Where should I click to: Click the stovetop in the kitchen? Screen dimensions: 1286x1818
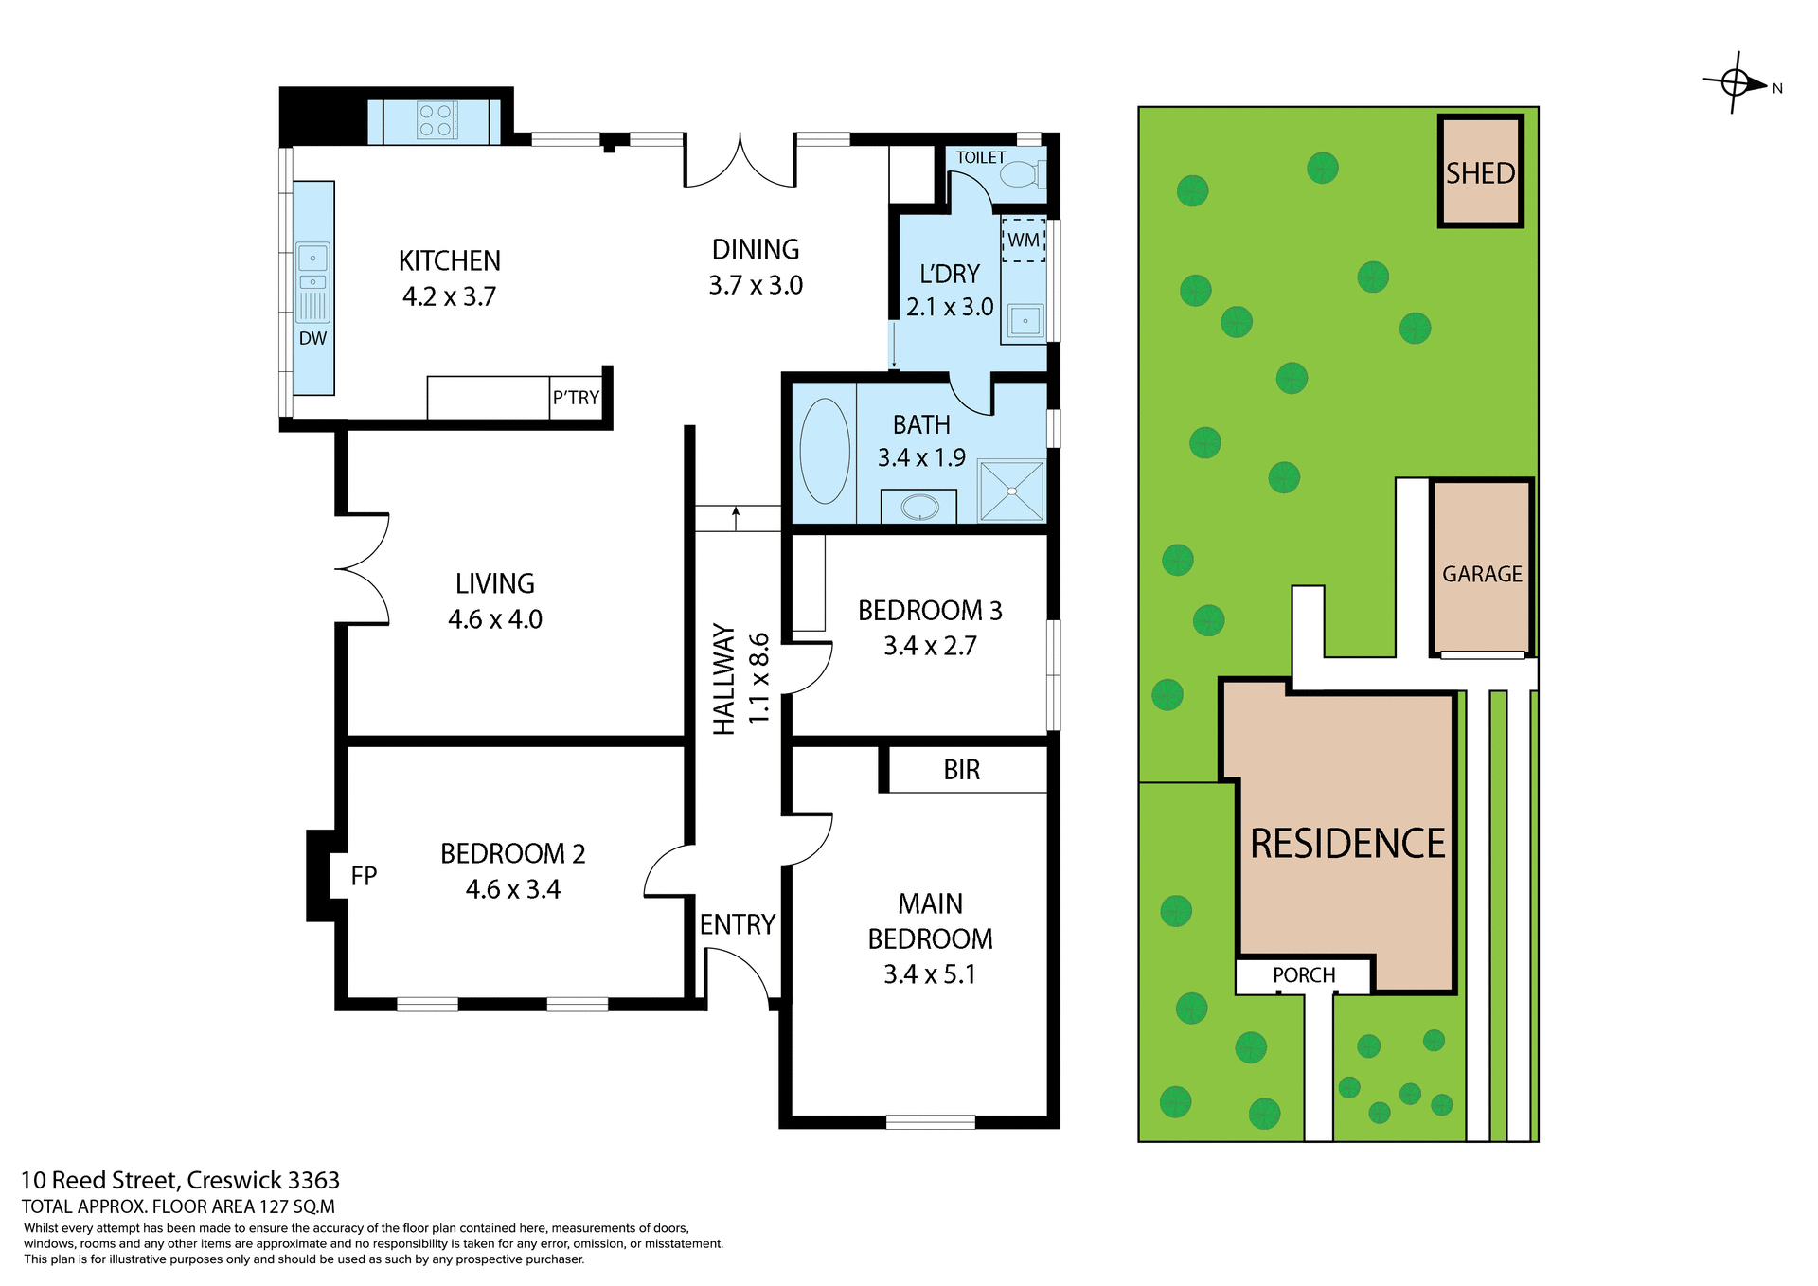(x=437, y=120)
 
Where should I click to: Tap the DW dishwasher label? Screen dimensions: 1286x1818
(x=312, y=339)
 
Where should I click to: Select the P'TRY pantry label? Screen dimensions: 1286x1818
(x=576, y=398)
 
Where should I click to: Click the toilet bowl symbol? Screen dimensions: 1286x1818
(x=1020, y=175)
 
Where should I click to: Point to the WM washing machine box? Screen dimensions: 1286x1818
(x=1023, y=241)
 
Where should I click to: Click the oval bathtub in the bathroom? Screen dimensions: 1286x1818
(x=824, y=451)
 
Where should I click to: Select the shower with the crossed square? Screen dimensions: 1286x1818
(x=1011, y=491)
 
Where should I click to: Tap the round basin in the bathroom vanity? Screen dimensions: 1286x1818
(x=918, y=508)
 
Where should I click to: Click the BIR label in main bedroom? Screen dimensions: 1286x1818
(x=961, y=770)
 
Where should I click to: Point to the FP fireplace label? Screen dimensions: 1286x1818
(x=364, y=876)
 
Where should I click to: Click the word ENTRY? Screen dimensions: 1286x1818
(x=737, y=924)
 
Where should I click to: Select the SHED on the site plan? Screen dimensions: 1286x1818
(x=1480, y=172)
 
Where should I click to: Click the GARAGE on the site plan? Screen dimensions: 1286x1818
(x=1482, y=574)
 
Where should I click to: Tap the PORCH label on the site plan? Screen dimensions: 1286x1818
(x=1303, y=975)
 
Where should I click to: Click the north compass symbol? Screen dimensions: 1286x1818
(x=1736, y=83)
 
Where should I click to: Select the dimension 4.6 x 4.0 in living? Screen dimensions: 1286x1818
(x=494, y=619)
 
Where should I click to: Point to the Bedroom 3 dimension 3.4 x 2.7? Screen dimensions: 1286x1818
(x=929, y=646)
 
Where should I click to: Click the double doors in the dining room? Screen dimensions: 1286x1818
(x=740, y=163)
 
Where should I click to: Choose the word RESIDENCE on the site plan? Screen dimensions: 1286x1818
(x=1347, y=844)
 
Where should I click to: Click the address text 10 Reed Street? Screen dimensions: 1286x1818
(x=99, y=1180)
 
